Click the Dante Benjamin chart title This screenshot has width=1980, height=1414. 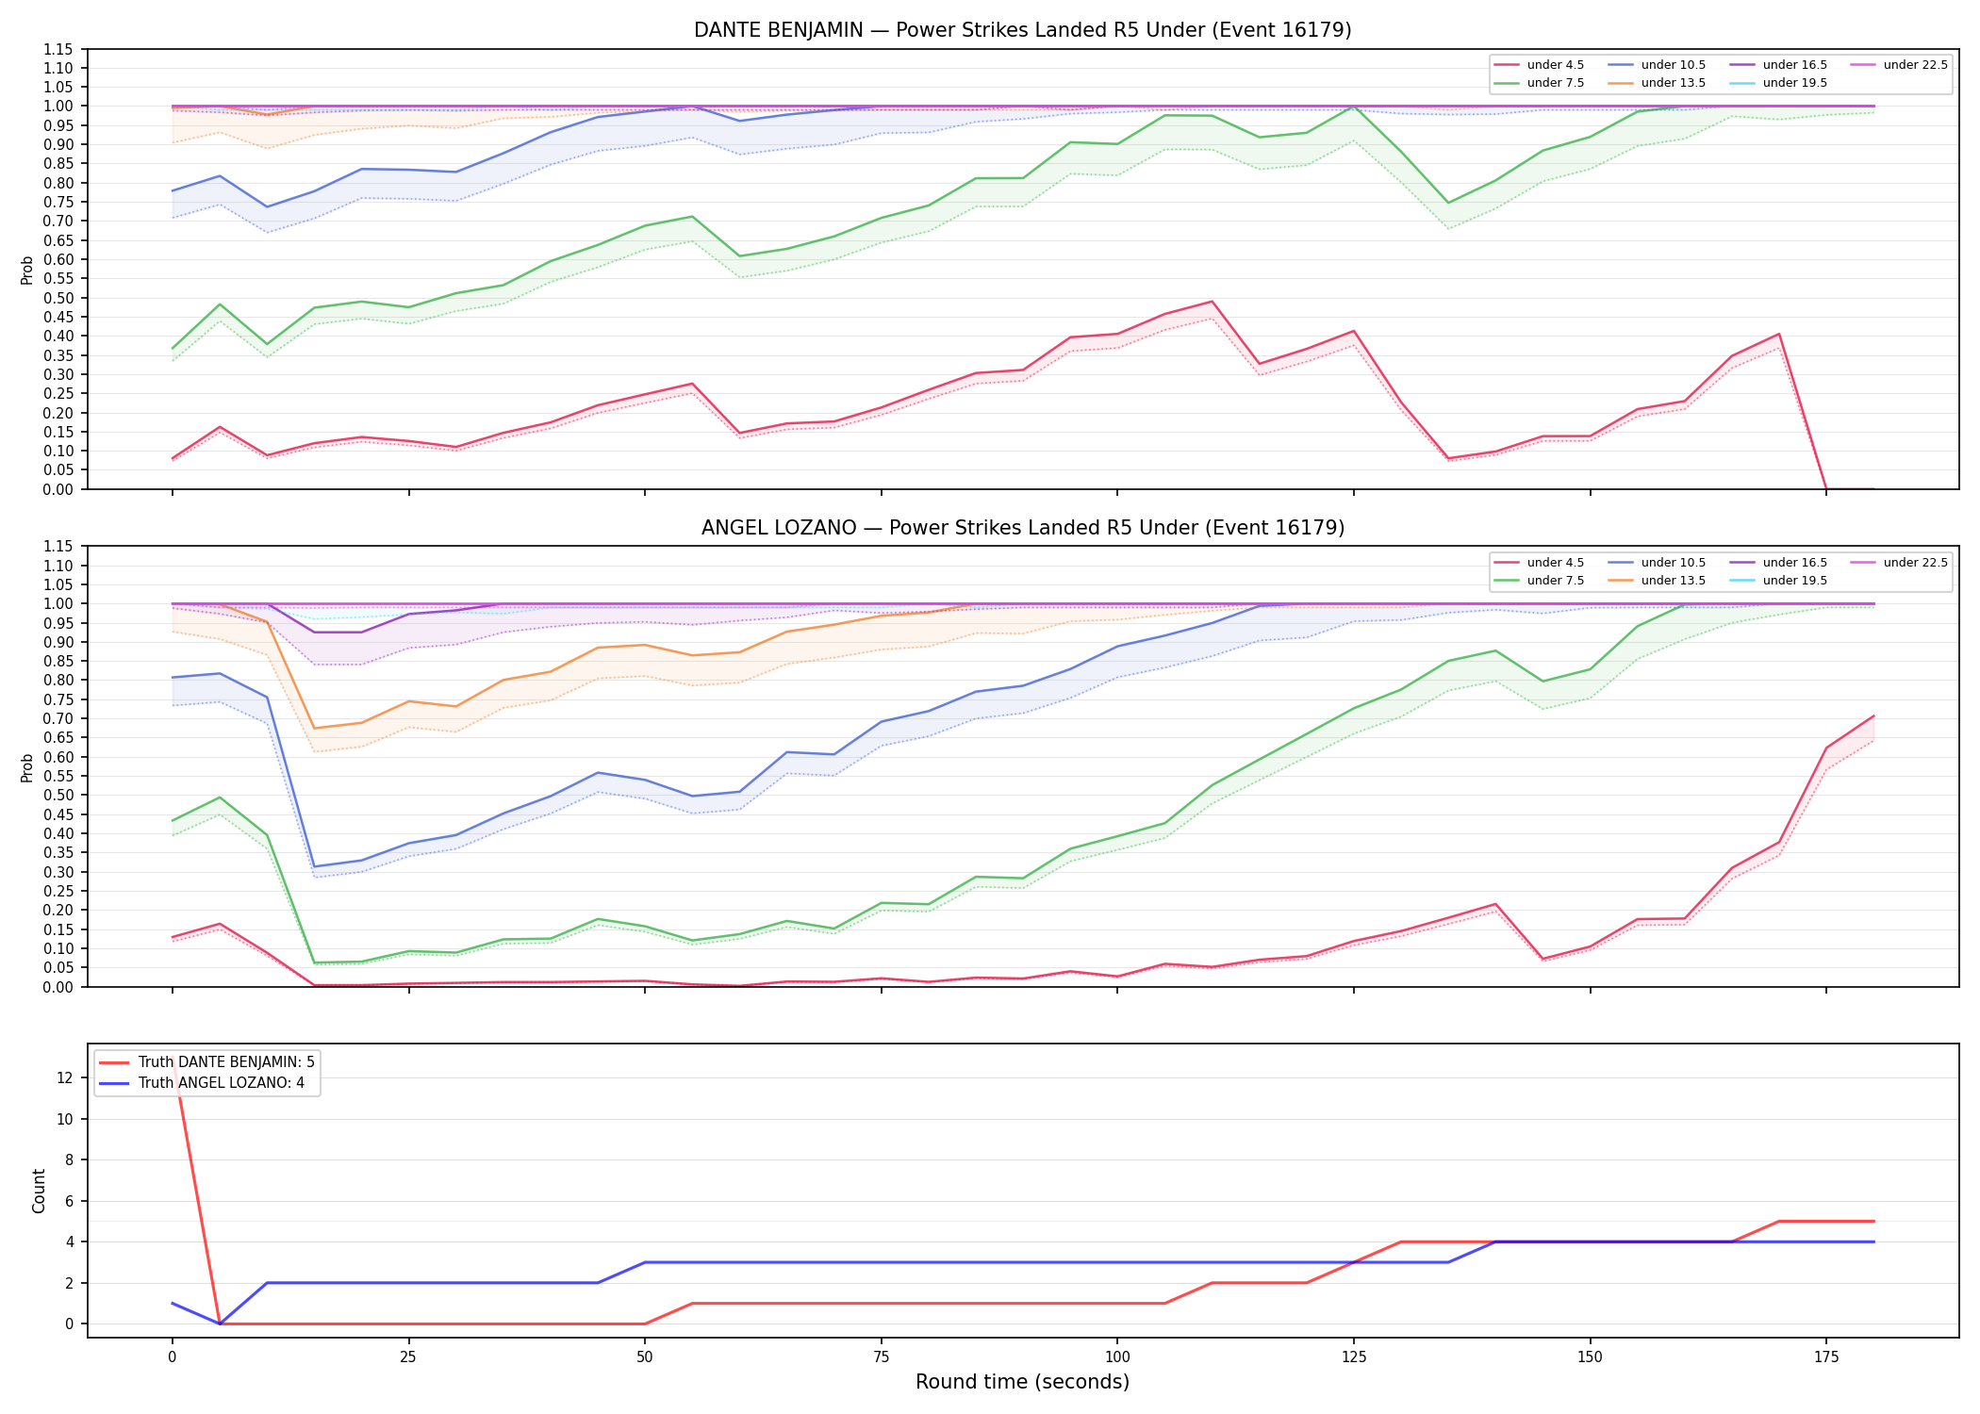tap(1022, 30)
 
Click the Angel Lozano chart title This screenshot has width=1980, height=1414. tap(1022, 528)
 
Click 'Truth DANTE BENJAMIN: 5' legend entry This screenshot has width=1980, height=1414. tap(206, 1062)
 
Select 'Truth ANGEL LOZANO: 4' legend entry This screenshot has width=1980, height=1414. tap(202, 1083)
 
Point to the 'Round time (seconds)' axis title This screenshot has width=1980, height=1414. tap(1022, 1382)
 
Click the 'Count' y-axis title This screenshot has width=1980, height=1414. tap(39, 1191)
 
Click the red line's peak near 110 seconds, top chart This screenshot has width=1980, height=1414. tap(1212, 302)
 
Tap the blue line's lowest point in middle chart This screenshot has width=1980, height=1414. tap(314, 866)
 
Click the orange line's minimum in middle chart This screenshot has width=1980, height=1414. tap(314, 728)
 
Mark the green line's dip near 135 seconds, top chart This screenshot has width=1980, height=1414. tap(1448, 203)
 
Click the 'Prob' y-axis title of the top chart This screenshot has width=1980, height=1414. tap(27, 271)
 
